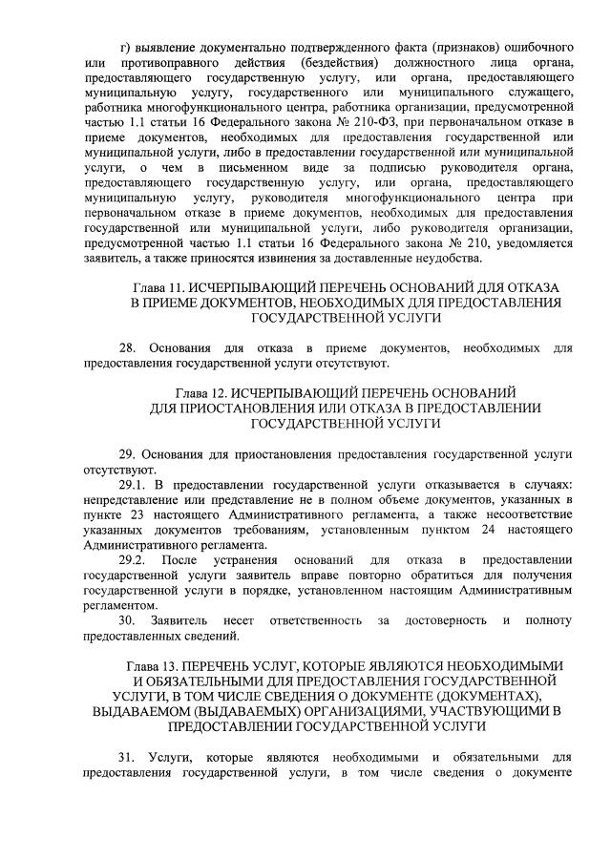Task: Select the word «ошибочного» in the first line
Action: tap(535, 47)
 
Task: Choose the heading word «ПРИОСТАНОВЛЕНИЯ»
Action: tap(247, 407)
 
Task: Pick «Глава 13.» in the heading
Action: tap(153, 665)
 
